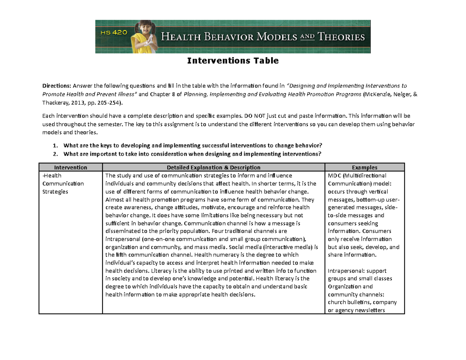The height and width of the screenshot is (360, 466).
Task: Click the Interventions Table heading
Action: click(x=233, y=61)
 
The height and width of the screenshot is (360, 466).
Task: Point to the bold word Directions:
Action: click(x=57, y=86)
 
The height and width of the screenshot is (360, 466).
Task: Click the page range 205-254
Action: click(x=110, y=103)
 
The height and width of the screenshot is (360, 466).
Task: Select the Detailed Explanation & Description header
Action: click(x=213, y=167)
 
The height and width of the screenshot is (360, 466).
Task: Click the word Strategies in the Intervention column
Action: click(x=55, y=191)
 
